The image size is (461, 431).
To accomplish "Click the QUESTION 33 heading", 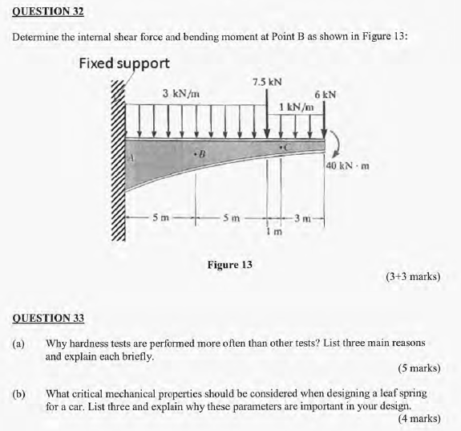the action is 48,318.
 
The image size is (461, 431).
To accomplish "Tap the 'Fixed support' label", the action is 124,63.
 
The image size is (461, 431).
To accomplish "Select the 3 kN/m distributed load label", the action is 180,94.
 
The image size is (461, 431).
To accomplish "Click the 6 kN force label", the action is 325,94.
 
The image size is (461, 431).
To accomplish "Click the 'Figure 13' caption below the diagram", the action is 230,263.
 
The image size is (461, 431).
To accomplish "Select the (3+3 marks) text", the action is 412,276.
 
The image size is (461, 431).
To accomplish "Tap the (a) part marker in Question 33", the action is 18,343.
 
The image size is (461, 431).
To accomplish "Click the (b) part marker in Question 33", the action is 18,394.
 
